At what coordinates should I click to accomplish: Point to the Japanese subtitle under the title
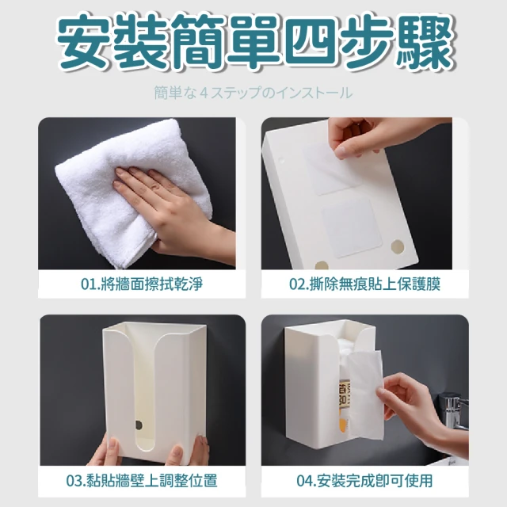pos(253,93)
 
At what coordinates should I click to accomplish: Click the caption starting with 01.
pos(142,284)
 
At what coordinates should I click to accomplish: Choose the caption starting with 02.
pos(364,284)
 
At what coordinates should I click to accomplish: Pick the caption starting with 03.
pos(142,481)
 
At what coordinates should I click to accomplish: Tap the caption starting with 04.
pos(364,481)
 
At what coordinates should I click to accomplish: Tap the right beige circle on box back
pos(398,246)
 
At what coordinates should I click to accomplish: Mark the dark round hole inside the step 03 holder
pos(139,425)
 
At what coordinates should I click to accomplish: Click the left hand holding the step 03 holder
pos(104,449)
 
